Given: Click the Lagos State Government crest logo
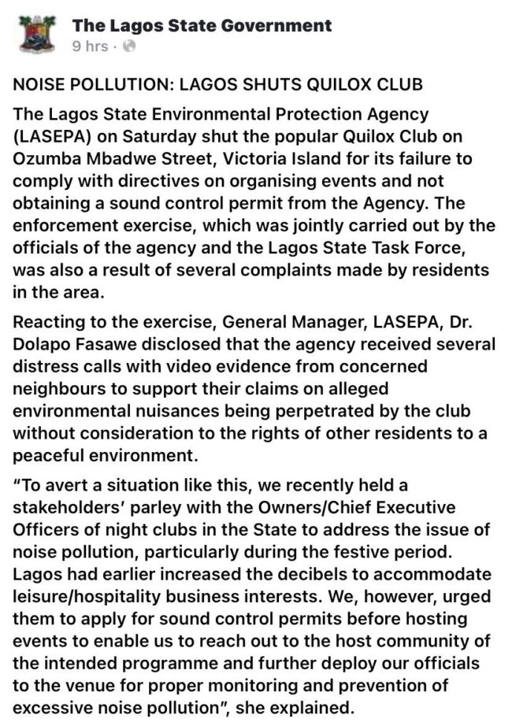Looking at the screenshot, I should (34, 35).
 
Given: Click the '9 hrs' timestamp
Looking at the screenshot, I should (90, 46).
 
